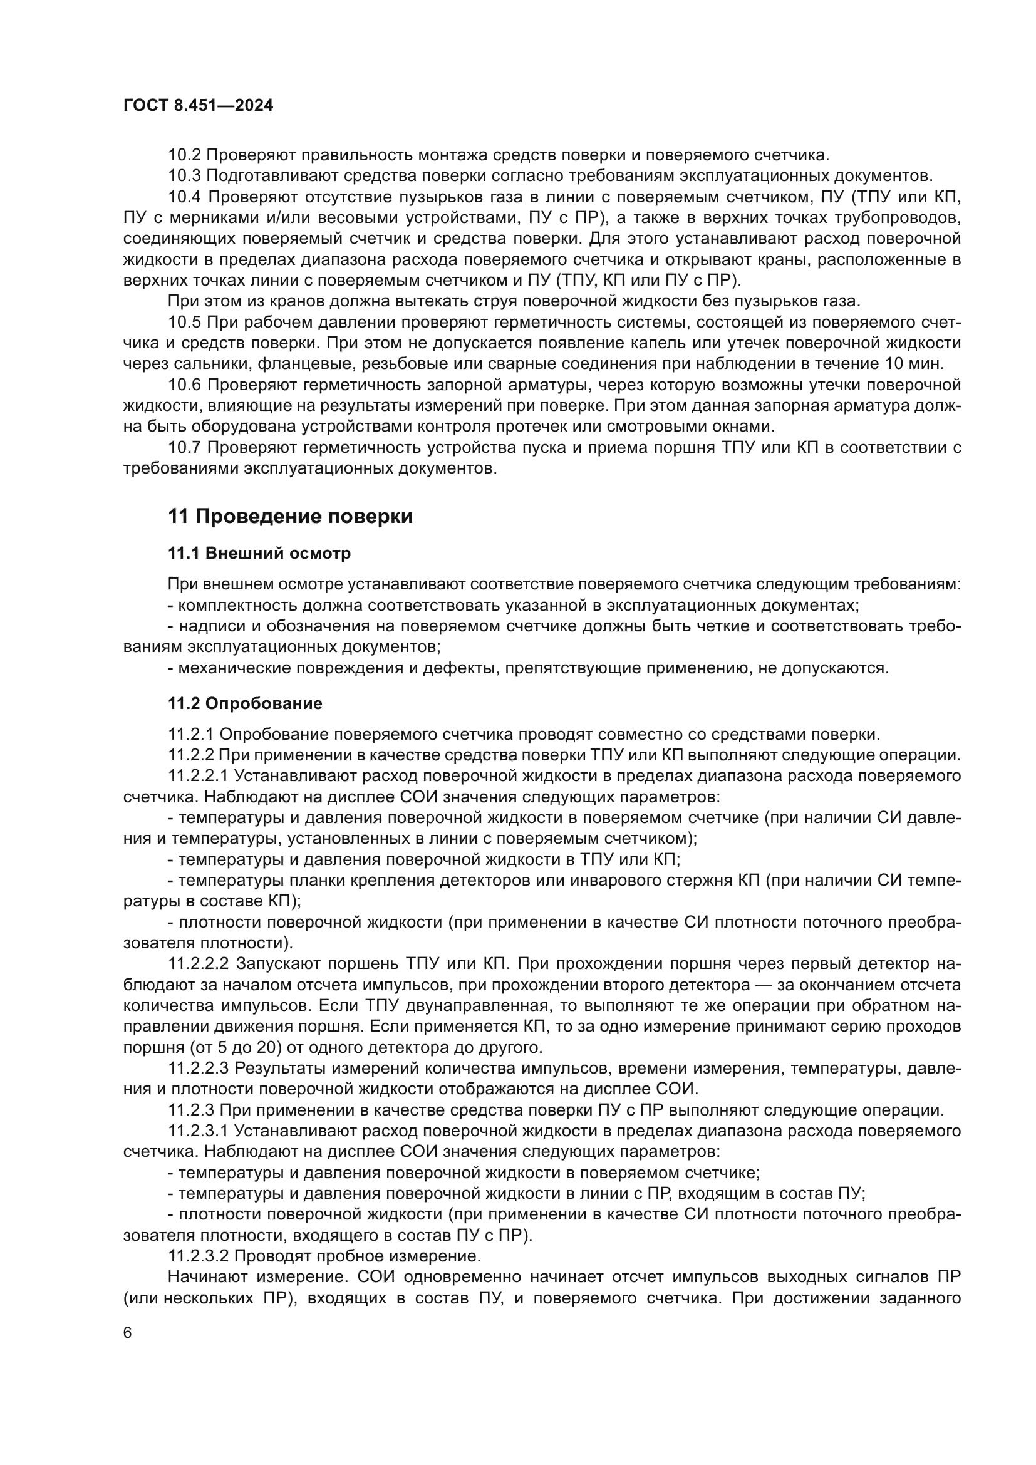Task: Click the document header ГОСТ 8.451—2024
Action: pyautogui.click(x=198, y=106)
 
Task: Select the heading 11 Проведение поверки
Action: pyautogui.click(x=290, y=517)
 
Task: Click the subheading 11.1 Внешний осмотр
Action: pyautogui.click(x=259, y=553)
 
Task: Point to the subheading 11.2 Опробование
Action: pyautogui.click(x=245, y=704)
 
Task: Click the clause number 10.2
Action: pyautogui.click(x=184, y=155)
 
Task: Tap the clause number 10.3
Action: pyautogui.click(x=184, y=176)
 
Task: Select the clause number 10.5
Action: pyautogui.click(x=184, y=323)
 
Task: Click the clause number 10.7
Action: pyautogui.click(x=184, y=448)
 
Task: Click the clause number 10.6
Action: pyautogui.click(x=184, y=385)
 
